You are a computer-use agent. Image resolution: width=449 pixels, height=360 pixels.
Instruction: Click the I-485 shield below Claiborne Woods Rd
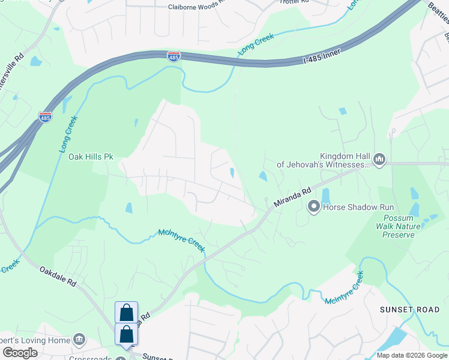(x=173, y=56)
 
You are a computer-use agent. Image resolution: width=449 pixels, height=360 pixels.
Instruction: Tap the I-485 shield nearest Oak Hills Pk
(x=45, y=117)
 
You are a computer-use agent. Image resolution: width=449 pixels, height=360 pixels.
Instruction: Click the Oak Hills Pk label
(x=91, y=157)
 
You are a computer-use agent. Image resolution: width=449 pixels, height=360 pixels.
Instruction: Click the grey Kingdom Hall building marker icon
(x=379, y=159)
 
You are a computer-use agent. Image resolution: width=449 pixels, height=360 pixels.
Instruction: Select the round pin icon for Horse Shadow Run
(x=313, y=208)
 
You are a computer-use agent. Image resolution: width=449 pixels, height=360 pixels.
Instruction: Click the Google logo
(x=20, y=352)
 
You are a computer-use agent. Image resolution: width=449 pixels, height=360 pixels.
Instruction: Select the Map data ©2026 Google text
(x=412, y=355)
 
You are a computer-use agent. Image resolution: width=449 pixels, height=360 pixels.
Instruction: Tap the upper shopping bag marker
(x=126, y=313)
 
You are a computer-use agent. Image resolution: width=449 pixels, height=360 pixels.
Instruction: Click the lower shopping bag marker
(x=126, y=334)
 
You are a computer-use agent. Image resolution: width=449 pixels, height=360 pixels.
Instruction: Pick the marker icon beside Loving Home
(x=79, y=340)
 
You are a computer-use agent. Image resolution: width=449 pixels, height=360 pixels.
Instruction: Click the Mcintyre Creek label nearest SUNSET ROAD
(x=345, y=289)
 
